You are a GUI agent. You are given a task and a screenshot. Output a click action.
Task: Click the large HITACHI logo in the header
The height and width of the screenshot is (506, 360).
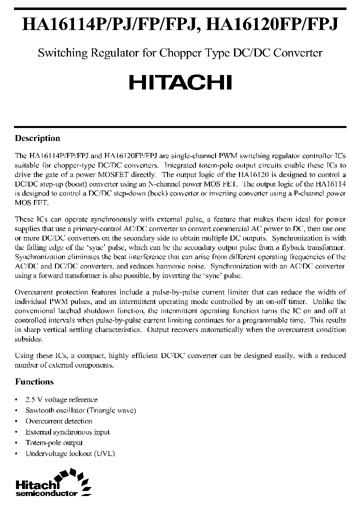pos(180,82)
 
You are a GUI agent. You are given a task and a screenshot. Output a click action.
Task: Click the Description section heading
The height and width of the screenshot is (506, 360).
pos(37,138)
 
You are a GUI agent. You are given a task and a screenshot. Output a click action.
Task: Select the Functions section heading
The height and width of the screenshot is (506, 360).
pos(34,381)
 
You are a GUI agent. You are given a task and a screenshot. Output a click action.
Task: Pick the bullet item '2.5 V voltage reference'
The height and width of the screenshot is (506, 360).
pos(61,399)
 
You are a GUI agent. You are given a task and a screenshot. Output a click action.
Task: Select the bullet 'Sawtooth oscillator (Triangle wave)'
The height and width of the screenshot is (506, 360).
pos(80,410)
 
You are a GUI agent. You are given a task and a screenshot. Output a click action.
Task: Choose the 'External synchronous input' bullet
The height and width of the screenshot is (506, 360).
pos(67,432)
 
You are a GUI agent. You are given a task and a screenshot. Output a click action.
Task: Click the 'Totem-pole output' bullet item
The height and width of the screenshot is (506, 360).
pos(54,442)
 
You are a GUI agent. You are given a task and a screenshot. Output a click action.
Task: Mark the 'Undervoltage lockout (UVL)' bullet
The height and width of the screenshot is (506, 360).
pos(70,453)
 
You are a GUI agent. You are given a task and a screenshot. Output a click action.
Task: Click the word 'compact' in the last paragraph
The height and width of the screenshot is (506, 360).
pos(85,355)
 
